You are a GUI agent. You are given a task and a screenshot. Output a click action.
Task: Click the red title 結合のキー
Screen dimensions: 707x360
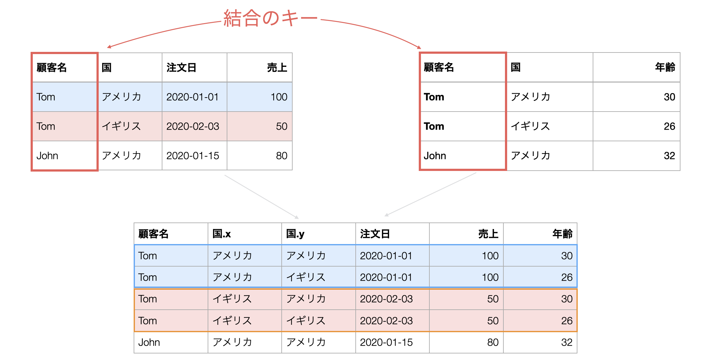[x=270, y=18]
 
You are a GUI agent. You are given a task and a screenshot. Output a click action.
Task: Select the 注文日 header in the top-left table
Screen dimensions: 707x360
[x=181, y=67]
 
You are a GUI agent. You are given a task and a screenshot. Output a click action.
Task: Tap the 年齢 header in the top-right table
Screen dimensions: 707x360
[x=665, y=67]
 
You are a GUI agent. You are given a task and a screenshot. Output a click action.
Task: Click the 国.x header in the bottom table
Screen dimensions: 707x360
[x=221, y=234]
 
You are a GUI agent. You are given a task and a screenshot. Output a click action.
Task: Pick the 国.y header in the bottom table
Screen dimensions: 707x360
[x=295, y=234]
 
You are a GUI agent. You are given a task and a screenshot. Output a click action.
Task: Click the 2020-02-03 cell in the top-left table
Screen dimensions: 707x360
[x=193, y=126]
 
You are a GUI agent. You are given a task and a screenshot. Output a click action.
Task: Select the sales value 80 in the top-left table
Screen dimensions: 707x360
[x=282, y=156]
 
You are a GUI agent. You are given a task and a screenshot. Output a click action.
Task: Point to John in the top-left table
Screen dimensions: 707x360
[x=47, y=156]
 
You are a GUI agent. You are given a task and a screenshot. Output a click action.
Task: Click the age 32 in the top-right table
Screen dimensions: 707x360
[x=670, y=156]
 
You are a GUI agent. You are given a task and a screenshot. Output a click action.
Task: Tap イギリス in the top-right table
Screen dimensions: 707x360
[x=530, y=126]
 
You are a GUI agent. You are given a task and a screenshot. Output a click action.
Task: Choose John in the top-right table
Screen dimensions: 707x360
[x=435, y=156]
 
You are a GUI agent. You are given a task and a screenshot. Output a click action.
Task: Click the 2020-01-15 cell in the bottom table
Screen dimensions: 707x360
[x=386, y=342]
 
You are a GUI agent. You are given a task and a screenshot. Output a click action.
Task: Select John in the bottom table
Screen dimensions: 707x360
[x=149, y=342]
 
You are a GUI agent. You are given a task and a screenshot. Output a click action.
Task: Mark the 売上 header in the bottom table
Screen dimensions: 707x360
[x=488, y=234]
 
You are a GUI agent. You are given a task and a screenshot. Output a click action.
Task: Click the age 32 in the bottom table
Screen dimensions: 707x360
[x=567, y=342]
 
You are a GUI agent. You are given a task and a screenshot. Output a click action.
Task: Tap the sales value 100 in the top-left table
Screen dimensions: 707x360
[x=279, y=97]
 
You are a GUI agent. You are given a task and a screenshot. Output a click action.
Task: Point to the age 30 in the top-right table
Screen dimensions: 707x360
[x=670, y=97]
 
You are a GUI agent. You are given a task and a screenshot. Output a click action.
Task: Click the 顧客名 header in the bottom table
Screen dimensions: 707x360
[x=153, y=234]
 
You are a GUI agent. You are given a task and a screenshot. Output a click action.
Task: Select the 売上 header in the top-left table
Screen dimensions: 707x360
[x=277, y=67]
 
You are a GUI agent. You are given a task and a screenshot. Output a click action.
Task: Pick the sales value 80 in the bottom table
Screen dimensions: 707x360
[x=493, y=342]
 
